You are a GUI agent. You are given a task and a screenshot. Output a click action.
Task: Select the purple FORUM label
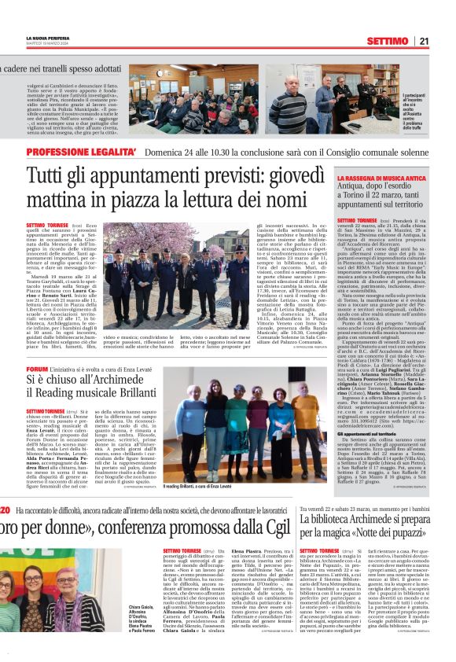pos(37,369)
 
